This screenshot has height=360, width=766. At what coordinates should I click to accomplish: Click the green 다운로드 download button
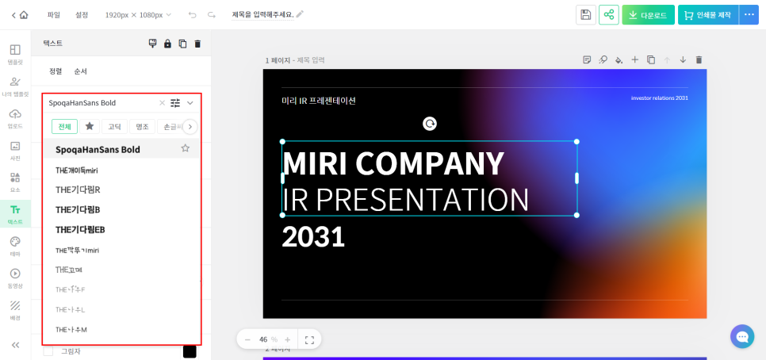tap(648, 14)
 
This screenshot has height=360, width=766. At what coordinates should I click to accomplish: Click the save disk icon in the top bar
tap(585, 14)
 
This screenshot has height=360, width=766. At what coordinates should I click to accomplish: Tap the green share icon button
tap(608, 14)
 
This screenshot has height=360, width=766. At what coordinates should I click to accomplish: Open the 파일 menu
tap(54, 14)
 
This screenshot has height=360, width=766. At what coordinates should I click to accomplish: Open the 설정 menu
tap(82, 14)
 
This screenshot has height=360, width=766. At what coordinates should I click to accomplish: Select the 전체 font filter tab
tap(64, 126)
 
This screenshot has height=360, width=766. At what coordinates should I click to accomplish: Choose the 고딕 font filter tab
tap(114, 126)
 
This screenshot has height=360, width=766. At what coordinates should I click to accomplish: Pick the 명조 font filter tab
tap(142, 126)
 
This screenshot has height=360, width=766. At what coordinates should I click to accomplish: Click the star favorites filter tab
tap(90, 126)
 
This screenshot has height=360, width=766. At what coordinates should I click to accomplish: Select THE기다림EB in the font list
tap(91, 230)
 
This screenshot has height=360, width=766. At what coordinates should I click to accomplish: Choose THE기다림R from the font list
tap(78, 190)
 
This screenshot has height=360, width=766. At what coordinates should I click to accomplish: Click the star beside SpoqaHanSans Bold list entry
tap(186, 148)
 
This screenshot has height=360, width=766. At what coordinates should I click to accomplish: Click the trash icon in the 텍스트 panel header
tap(197, 44)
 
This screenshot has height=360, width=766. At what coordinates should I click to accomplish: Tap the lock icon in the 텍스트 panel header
tap(167, 44)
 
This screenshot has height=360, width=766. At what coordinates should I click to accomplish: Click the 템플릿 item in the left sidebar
tap(15, 54)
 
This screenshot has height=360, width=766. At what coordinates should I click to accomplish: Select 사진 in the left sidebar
tap(15, 150)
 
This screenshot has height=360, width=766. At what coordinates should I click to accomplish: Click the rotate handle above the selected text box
tap(430, 123)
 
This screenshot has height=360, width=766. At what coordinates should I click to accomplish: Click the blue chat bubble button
tap(742, 336)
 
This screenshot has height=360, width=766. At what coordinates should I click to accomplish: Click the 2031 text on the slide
tap(313, 236)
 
